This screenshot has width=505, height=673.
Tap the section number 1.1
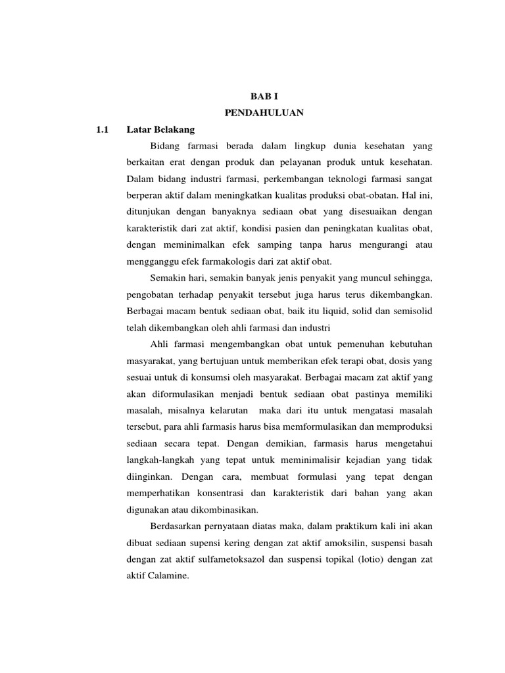click(101, 130)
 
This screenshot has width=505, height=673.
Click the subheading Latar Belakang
click(160, 130)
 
